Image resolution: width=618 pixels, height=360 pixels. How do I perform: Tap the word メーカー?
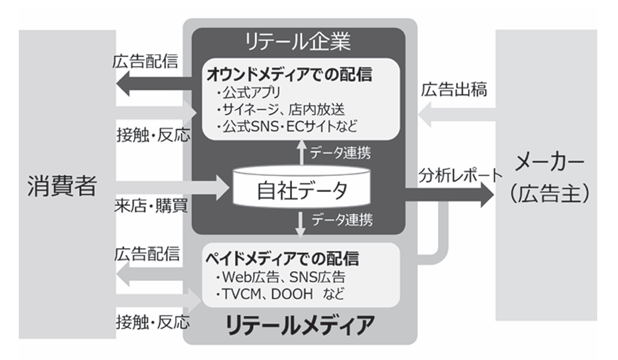click(550, 163)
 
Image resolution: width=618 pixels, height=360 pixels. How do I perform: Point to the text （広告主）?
click(550, 194)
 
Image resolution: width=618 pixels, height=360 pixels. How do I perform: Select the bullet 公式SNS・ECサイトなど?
click(282, 124)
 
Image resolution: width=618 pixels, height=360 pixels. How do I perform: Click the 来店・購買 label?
click(149, 205)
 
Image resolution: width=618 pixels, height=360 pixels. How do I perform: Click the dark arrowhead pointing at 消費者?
click(123, 85)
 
